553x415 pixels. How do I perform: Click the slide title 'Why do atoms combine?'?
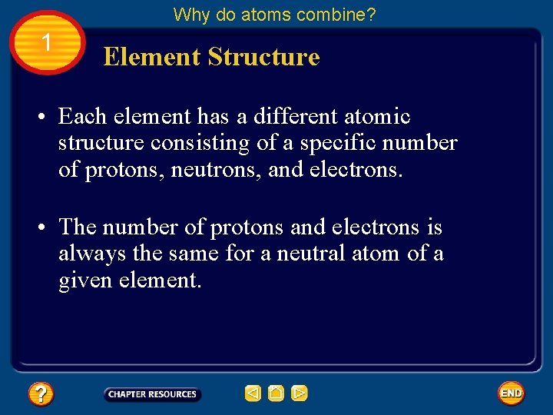point(274,14)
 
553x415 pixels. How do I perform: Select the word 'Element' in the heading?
point(151,57)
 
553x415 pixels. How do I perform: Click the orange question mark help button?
point(40,394)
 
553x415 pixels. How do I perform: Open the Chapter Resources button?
point(152,394)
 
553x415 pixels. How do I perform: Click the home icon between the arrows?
point(276,393)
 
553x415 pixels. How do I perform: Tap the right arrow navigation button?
point(300,393)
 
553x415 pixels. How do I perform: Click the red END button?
point(511,393)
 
